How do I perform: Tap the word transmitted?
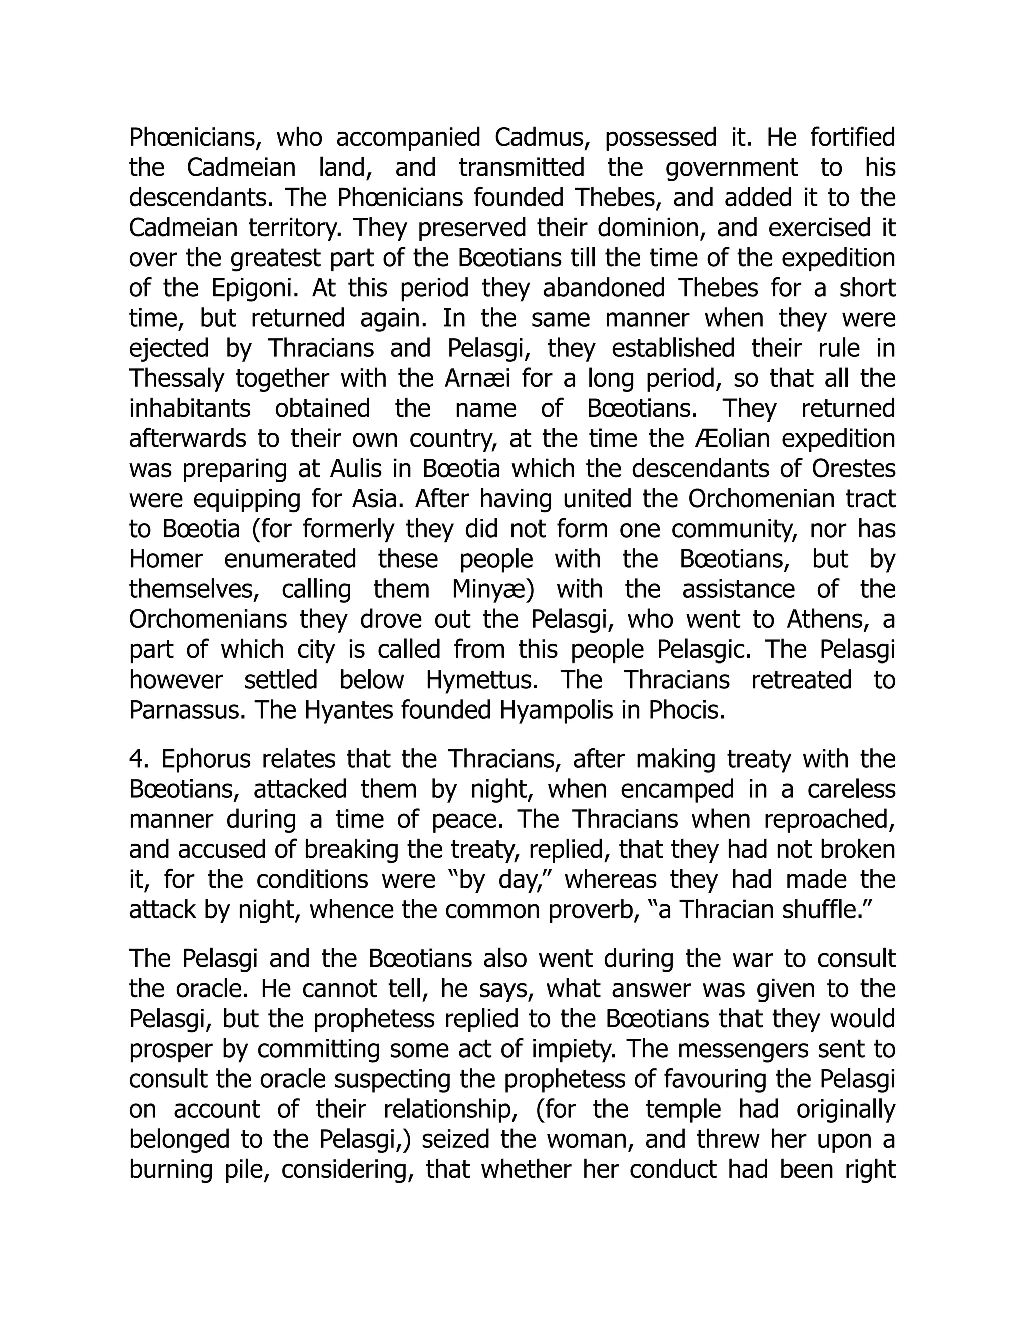tap(522, 168)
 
